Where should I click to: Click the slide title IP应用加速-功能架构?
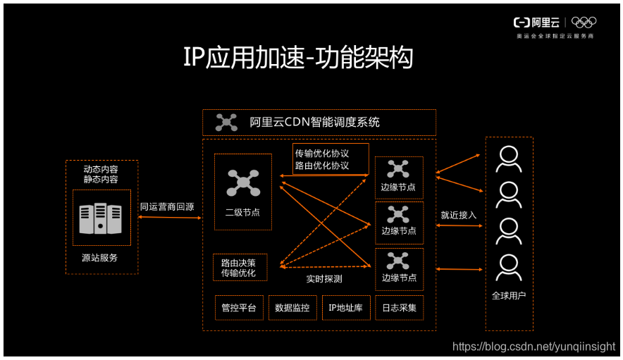298,58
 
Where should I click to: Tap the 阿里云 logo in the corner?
536,23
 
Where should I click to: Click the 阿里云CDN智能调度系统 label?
314,123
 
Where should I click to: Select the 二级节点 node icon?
242,182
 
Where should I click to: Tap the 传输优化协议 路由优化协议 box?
321,159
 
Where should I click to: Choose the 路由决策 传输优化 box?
239,268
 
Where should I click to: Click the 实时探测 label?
324,279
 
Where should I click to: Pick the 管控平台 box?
239,308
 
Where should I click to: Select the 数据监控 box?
292,308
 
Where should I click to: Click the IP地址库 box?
346,308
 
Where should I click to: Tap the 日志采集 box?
400,308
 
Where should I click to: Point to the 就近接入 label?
459,214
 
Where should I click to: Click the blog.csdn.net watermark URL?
533,346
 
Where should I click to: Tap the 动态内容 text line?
101,169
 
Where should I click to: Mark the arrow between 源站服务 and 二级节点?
169,218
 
